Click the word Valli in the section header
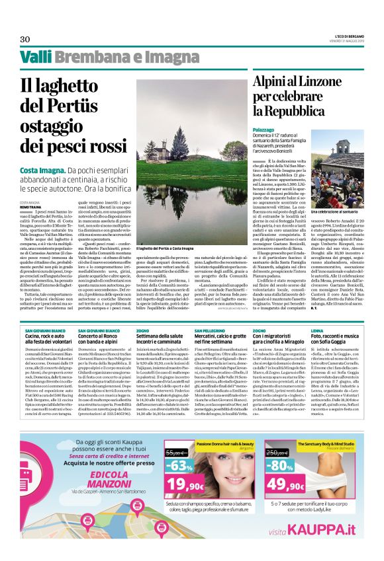tap(35, 59)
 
